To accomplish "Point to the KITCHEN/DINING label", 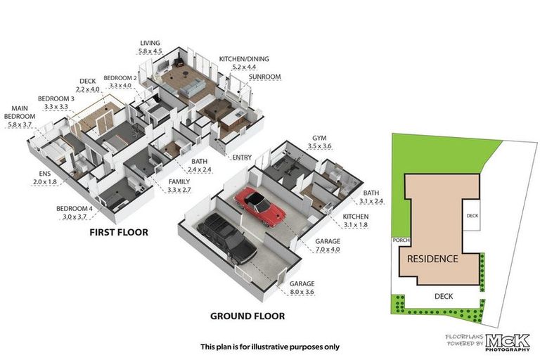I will point(244,58).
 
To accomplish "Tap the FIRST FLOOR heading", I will point(117,231).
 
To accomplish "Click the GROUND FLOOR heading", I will point(247,316).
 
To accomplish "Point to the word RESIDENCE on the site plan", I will point(432,259).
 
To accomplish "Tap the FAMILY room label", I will point(180,181).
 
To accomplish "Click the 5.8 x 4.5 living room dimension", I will point(151,51).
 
